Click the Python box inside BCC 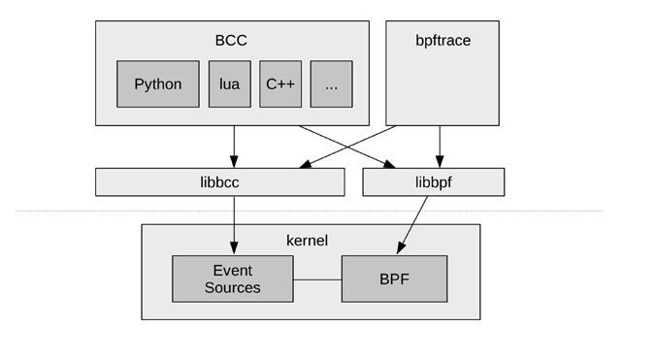(x=158, y=84)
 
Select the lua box (x=230, y=84)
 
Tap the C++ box (x=280, y=84)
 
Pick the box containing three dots (x=331, y=84)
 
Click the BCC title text (x=231, y=41)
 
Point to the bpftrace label (x=442, y=41)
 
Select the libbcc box (x=219, y=182)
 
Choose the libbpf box (x=433, y=182)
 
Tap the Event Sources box (x=232, y=278)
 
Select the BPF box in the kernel (x=394, y=278)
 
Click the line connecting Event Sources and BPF (x=316, y=279)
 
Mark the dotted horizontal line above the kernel (x=543, y=211)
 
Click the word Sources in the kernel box (x=232, y=287)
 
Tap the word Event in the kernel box (x=232, y=271)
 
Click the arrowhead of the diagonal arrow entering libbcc (x=303, y=166)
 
